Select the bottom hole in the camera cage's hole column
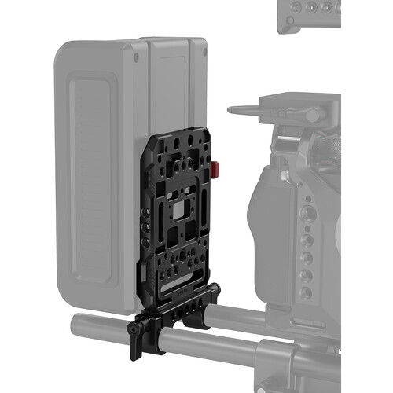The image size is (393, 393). coord(306,292)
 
